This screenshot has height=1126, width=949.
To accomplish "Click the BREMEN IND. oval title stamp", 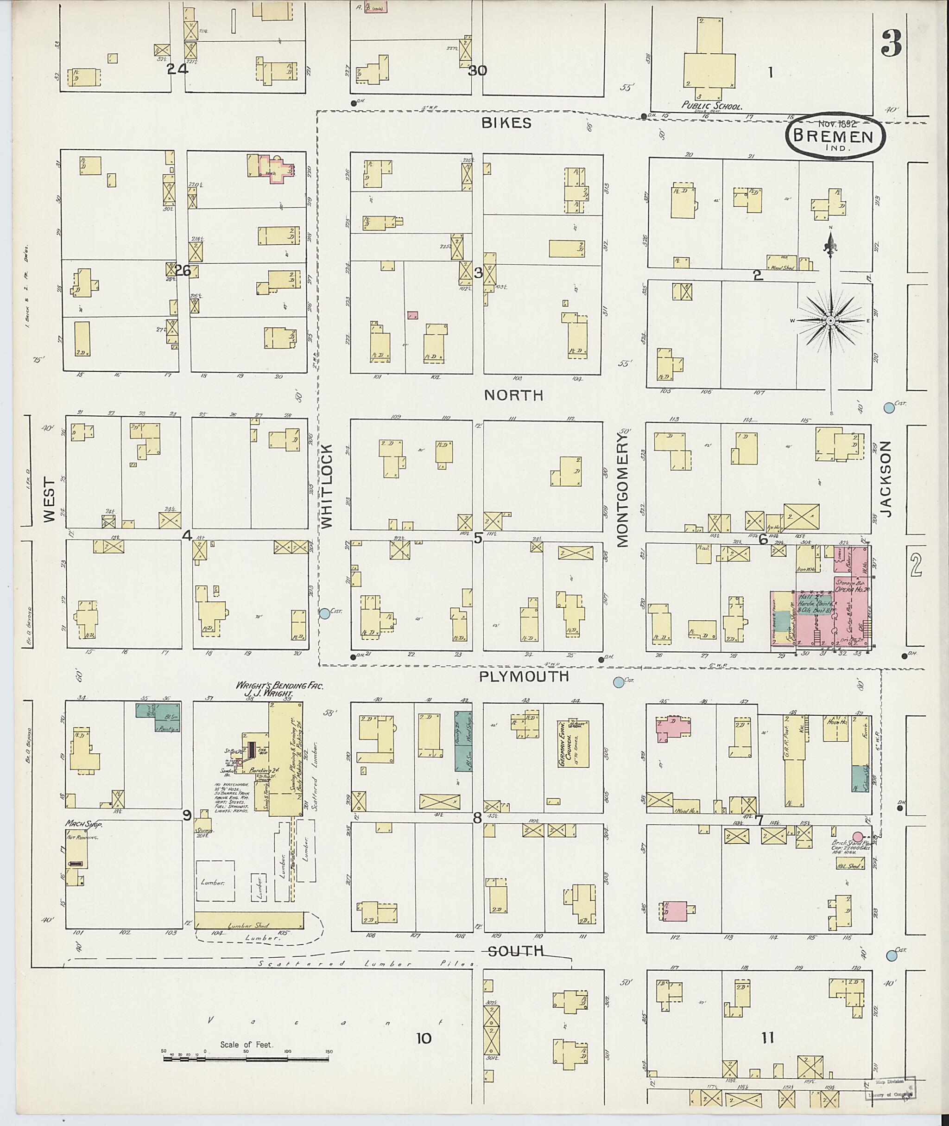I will point(835,137).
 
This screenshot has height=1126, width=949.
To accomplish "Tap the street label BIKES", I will point(506,123).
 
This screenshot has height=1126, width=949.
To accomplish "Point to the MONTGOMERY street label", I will point(623,490).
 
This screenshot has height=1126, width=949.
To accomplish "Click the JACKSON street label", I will point(886,479).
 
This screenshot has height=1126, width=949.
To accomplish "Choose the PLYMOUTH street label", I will point(524,676).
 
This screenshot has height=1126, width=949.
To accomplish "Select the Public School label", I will point(711,106).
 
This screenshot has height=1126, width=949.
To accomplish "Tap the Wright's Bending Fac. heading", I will point(272,686).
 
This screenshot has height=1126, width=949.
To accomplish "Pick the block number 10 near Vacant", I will point(424,1038).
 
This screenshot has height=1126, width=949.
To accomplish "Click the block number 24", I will point(177,70).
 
